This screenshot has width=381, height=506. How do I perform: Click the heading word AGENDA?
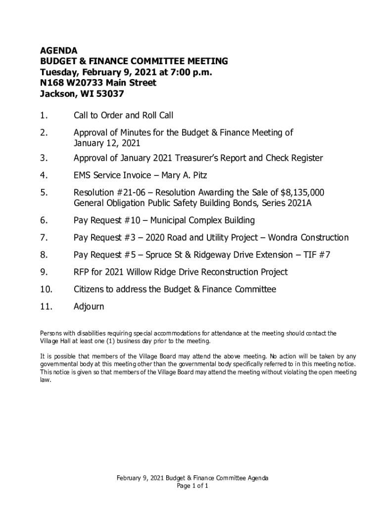(x=59, y=50)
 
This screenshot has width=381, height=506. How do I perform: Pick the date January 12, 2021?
(x=107, y=143)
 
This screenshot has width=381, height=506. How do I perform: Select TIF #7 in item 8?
(x=320, y=255)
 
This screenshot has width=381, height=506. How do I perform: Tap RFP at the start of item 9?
(x=82, y=272)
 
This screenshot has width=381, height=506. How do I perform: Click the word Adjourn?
(x=89, y=307)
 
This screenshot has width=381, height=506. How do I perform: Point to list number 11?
(x=46, y=307)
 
